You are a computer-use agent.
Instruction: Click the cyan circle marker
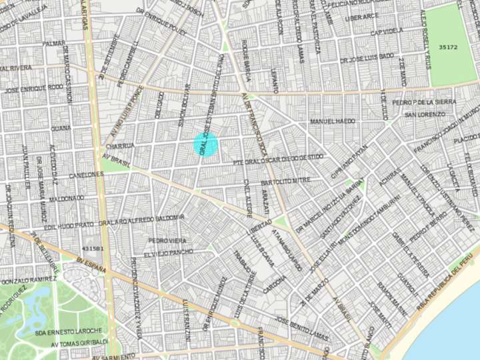tap(206, 144)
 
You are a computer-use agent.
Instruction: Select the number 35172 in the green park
tap(448, 47)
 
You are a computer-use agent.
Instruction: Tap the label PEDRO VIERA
tap(168, 240)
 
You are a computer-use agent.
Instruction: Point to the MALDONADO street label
tap(66, 198)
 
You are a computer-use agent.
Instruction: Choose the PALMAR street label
tap(54, 43)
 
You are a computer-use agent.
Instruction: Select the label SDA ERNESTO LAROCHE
tap(69, 331)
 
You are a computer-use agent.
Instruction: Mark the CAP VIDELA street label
tap(387, 32)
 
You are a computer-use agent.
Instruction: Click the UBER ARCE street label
tap(362, 17)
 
